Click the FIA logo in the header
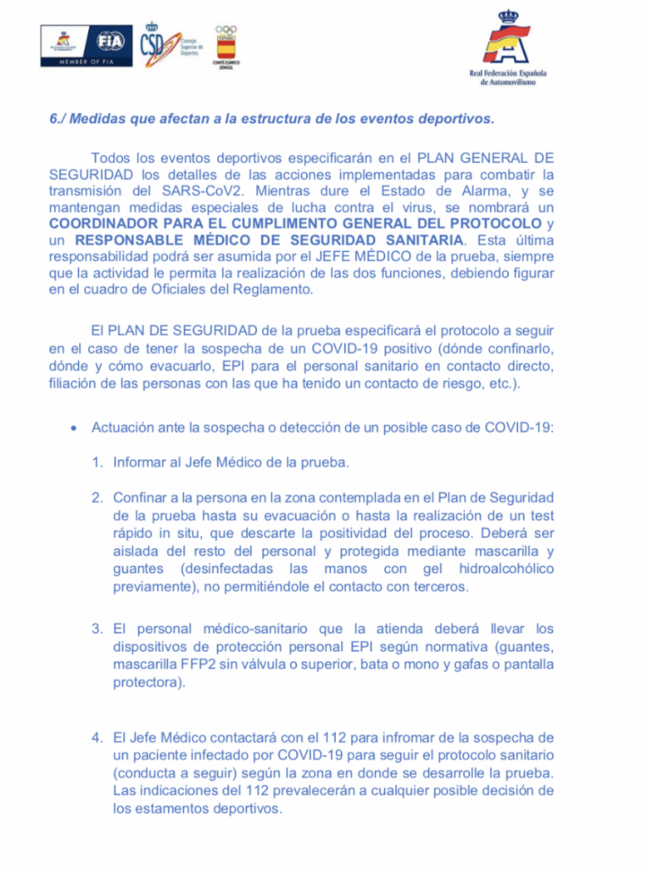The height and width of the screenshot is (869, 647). (109, 41)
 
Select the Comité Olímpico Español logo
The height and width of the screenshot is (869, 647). (226, 46)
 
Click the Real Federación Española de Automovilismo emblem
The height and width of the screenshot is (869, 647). (508, 40)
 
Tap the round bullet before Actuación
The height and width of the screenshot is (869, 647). (75, 427)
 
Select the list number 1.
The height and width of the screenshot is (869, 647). (98, 463)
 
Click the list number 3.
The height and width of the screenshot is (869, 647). (98, 629)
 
